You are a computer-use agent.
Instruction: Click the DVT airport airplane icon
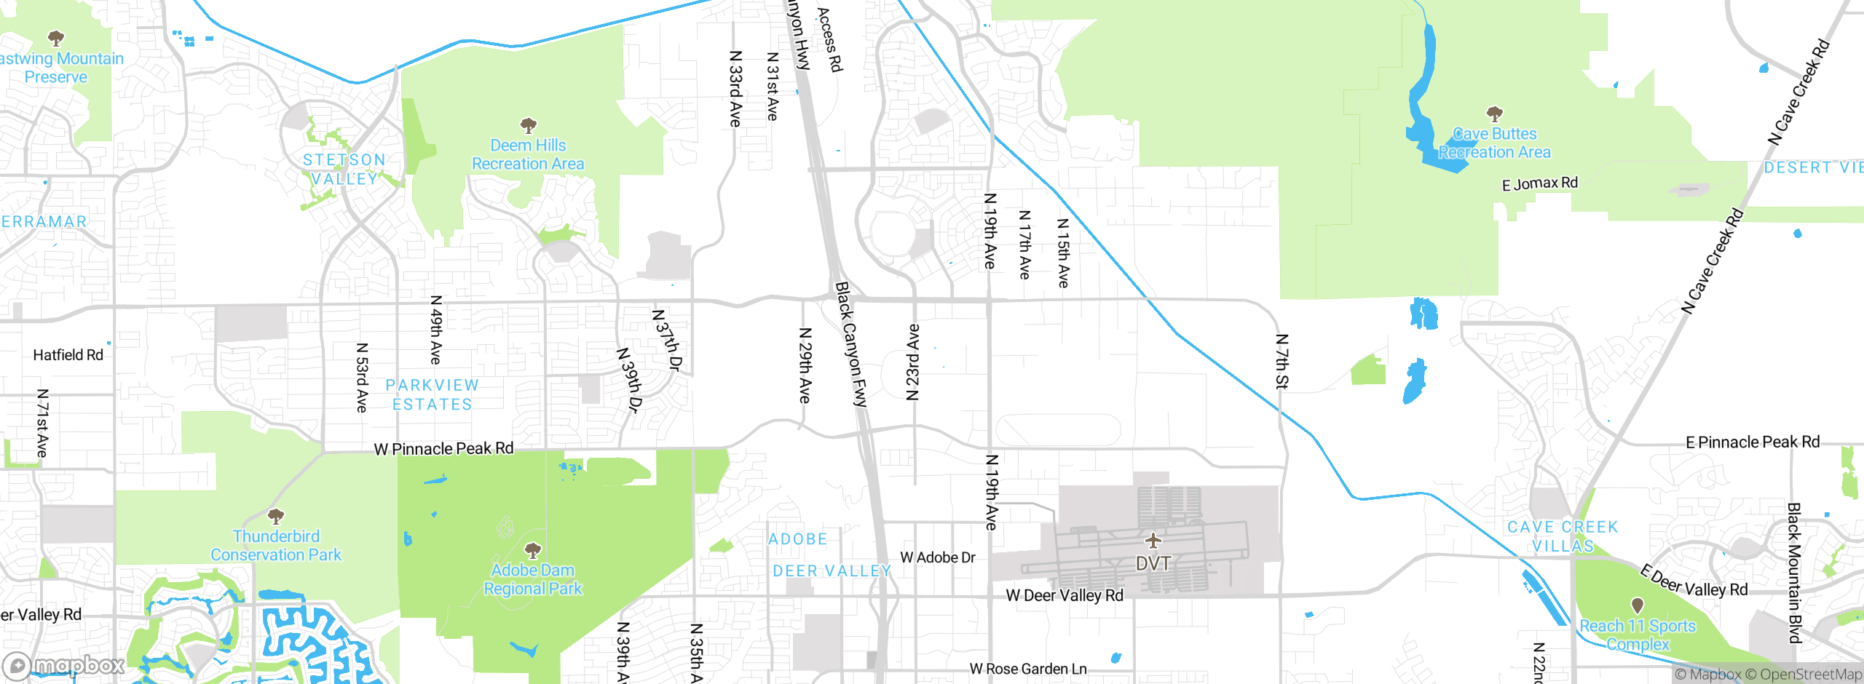coord(1153,541)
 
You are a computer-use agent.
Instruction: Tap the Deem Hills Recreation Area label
coord(528,155)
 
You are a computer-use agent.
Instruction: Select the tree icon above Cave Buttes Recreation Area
coord(1494,114)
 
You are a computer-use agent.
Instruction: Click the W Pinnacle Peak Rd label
coord(443,449)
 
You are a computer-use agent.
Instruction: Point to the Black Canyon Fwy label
coord(851,343)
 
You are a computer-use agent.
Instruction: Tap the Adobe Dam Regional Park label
coord(533,580)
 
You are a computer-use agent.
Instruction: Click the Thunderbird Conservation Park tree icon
coord(275,517)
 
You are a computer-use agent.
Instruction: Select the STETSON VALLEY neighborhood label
coord(344,169)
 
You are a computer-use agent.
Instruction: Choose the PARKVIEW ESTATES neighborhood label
coord(433,395)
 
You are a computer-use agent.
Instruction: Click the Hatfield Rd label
coord(68,355)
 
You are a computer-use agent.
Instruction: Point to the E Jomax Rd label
coord(1539,183)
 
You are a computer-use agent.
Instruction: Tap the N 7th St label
coord(1282,362)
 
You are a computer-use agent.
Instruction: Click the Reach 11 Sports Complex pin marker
coord(1638,605)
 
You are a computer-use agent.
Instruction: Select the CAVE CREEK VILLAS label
coord(1563,536)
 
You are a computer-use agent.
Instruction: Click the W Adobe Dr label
coord(937,557)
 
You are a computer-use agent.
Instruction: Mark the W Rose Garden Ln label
coord(1027,669)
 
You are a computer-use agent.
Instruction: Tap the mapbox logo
coord(64,665)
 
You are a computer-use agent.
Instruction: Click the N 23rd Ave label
coord(913,362)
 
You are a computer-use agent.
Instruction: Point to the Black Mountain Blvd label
coord(1795,573)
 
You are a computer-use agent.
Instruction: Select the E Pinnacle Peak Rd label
coord(1752,442)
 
